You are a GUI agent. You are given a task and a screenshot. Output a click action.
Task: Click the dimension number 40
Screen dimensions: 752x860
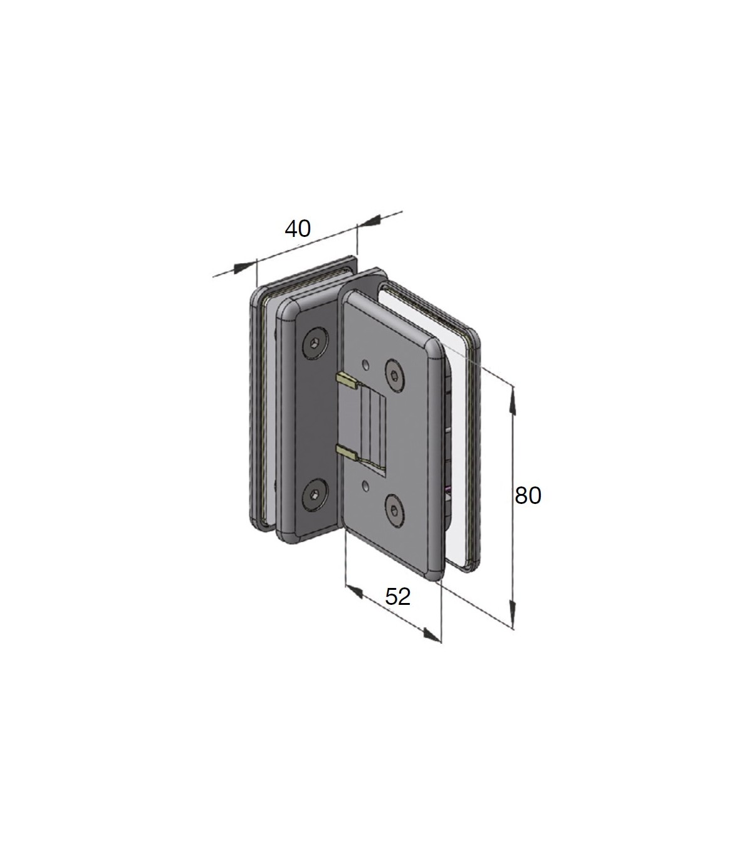pos(298,229)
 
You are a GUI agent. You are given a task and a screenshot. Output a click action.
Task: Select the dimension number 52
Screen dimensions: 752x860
pos(397,597)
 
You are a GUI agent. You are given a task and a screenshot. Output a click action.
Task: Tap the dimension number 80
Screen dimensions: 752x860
pos(528,495)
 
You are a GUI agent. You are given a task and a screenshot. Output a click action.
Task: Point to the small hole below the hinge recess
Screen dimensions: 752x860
pos(367,486)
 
